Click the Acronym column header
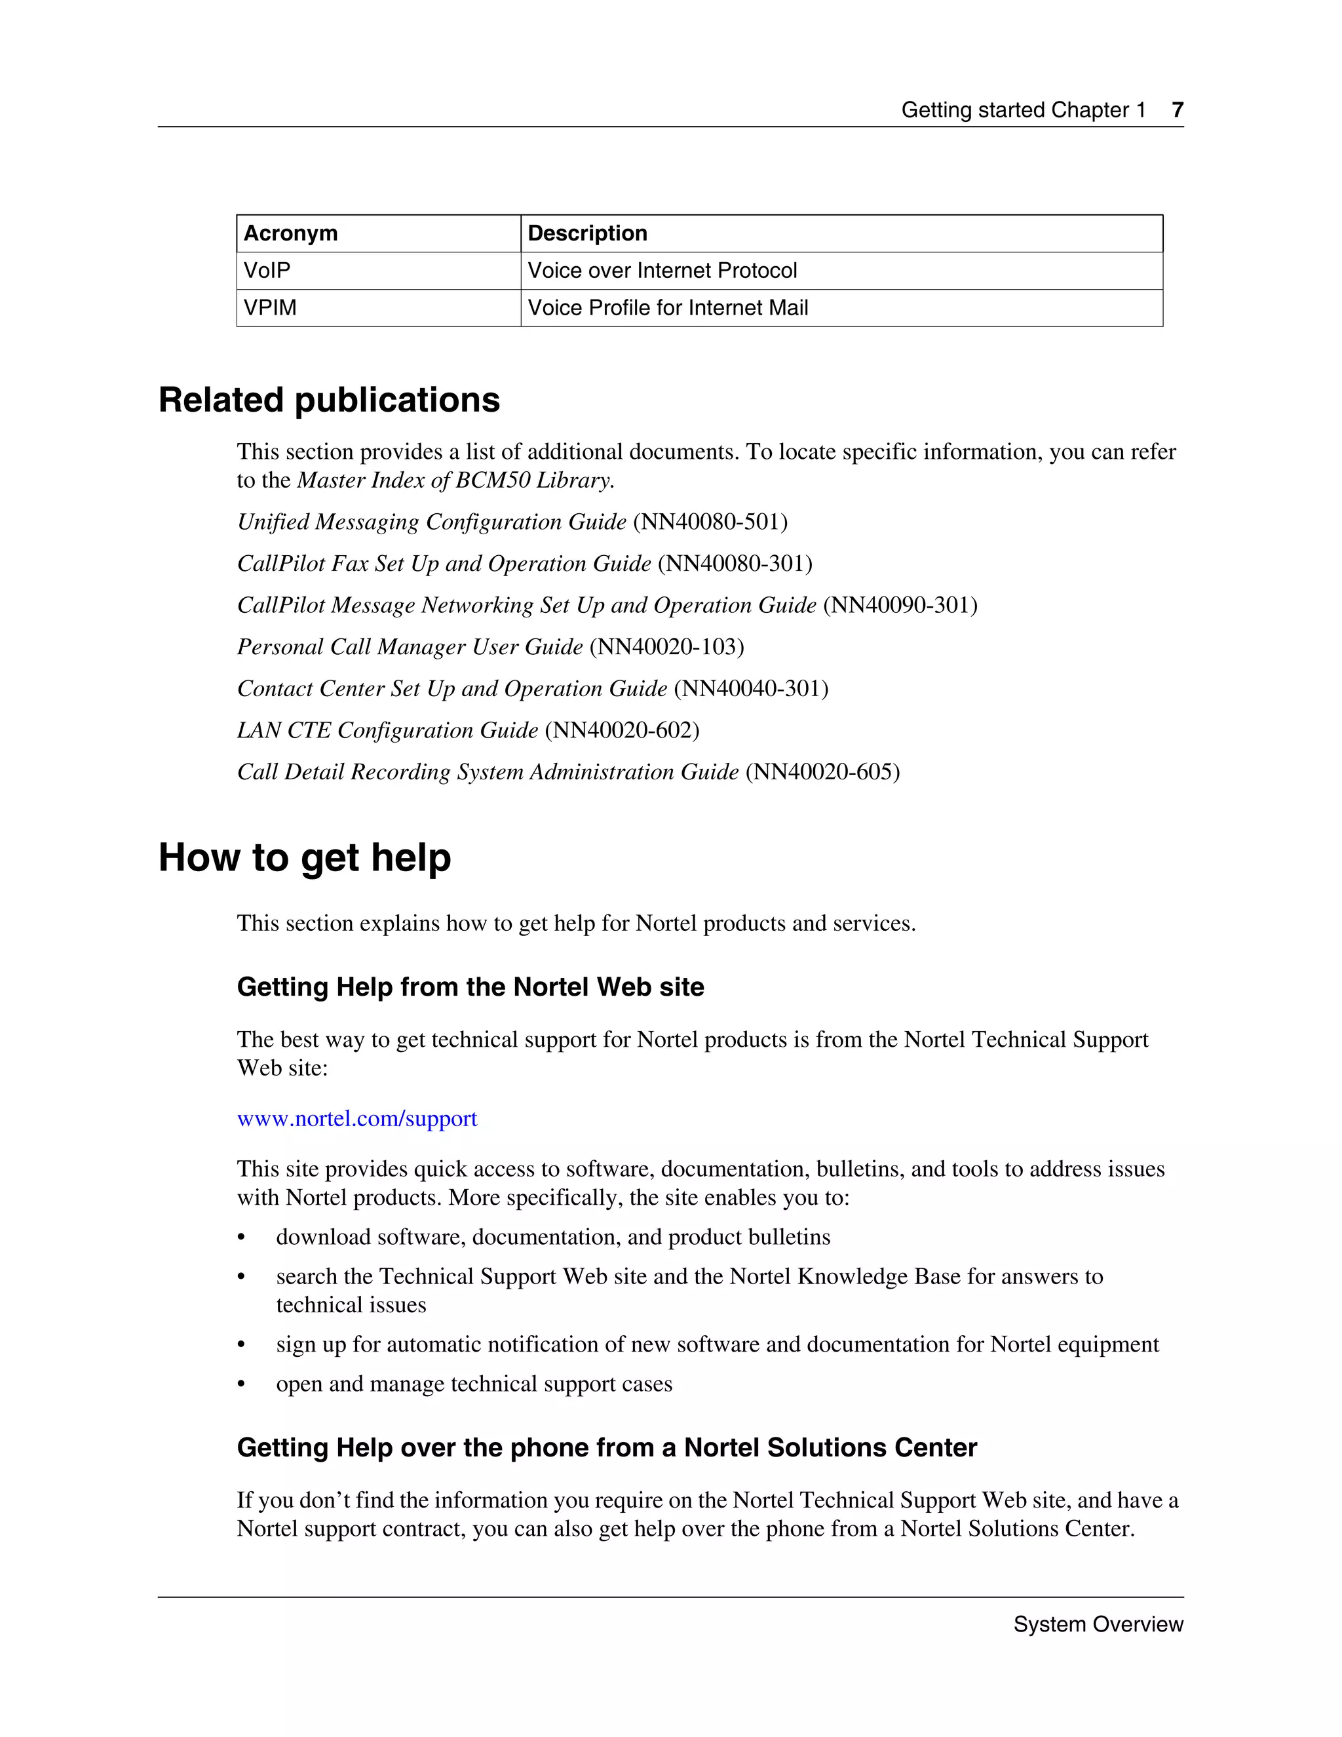(290, 233)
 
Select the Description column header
(586, 233)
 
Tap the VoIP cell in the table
(267, 271)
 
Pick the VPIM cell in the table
(271, 308)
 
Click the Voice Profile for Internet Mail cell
(667, 308)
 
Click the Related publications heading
(329, 400)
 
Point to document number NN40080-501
(710, 522)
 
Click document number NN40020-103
(667, 646)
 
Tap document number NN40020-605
(823, 771)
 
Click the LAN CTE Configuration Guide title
(387, 730)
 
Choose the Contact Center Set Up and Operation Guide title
(451, 689)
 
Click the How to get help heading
(305, 858)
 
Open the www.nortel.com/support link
(357, 1118)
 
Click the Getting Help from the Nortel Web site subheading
(470, 987)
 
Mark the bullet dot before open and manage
(242, 1384)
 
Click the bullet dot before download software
(242, 1238)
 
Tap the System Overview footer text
(1098, 1624)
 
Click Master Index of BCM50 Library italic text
(454, 480)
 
